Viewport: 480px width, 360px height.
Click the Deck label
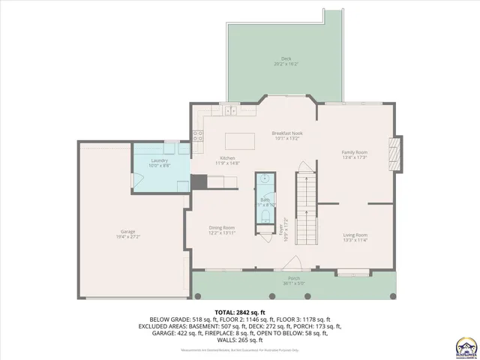(x=286, y=58)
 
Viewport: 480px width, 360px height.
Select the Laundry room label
(x=158, y=160)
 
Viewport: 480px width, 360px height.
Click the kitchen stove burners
(x=199, y=136)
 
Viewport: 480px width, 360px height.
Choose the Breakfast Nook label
(x=286, y=133)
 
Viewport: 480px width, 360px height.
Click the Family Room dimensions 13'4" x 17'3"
(x=353, y=157)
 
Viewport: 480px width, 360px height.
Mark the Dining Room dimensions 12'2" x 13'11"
(x=221, y=232)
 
